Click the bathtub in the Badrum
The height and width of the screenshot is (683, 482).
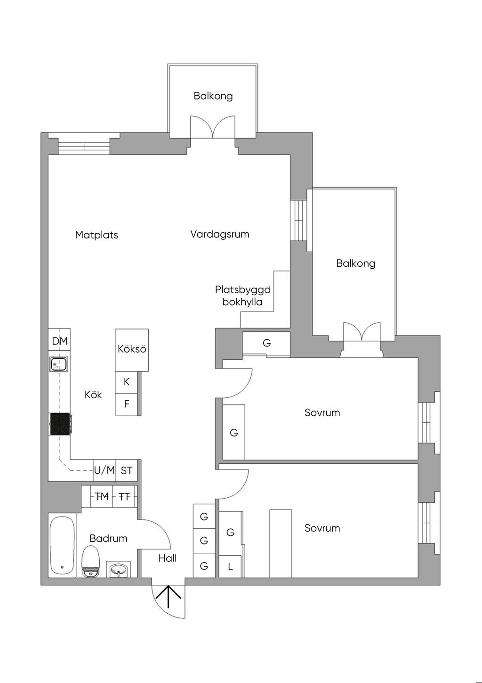click(62, 546)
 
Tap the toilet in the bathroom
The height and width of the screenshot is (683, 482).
click(91, 561)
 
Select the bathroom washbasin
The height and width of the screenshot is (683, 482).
click(118, 569)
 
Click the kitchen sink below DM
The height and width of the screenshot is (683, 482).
click(59, 364)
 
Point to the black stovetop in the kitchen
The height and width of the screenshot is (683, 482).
click(60, 424)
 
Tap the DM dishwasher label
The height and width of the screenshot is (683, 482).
click(60, 341)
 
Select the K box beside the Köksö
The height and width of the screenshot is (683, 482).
click(127, 382)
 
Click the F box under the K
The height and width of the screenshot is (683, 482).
click(127, 404)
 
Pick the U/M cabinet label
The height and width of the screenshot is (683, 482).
click(104, 470)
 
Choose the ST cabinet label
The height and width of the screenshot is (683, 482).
click(127, 470)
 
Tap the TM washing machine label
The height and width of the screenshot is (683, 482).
click(102, 496)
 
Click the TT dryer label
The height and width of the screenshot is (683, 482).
click(124, 496)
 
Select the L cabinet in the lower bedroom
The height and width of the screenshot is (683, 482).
click(231, 566)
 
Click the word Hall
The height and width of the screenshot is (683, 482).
click(168, 558)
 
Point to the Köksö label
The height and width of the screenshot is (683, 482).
click(132, 349)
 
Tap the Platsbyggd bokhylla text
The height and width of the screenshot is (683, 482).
click(242, 296)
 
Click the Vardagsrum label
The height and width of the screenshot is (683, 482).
click(220, 234)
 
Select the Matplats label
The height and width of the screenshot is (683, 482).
click(96, 235)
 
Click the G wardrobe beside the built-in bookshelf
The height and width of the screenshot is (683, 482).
click(266, 343)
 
